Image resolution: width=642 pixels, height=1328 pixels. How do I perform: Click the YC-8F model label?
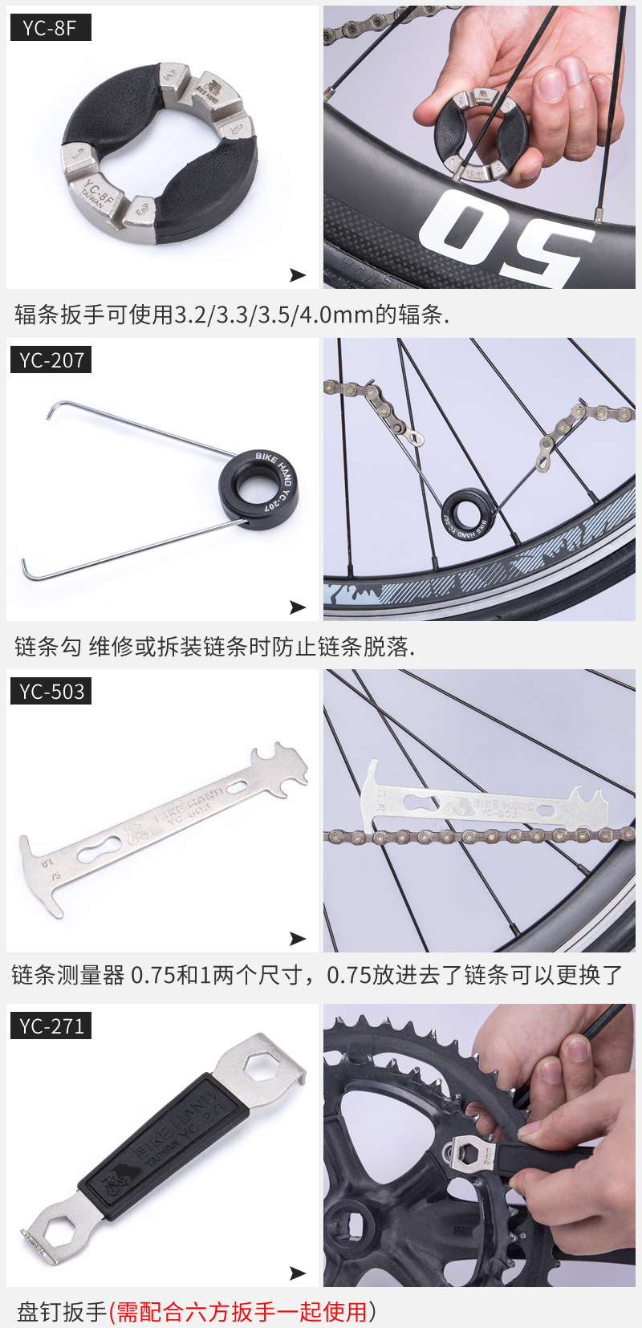click(x=50, y=27)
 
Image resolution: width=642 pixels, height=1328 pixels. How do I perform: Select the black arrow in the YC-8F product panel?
click(x=298, y=275)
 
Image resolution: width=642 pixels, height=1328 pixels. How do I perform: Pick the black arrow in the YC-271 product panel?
click(x=298, y=1273)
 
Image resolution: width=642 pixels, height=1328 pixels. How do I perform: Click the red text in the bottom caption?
click(x=241, y=1312)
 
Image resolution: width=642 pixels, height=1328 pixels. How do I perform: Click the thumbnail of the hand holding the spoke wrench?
click(x=479, y=147)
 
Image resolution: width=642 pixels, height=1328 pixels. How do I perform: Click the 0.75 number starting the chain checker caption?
click(x=152, y=975)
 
